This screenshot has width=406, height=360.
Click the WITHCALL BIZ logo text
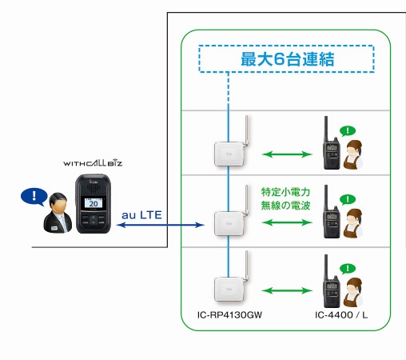pos(92,162)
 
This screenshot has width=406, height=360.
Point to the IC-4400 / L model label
pos(341,316)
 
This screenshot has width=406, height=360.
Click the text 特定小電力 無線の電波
pos(285,200)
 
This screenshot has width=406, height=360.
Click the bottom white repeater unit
pos(227,289)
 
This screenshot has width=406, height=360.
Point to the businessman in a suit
pos(58,214)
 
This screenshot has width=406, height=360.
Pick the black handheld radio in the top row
pos(328,146)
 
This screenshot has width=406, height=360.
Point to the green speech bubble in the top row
pos(348,129)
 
